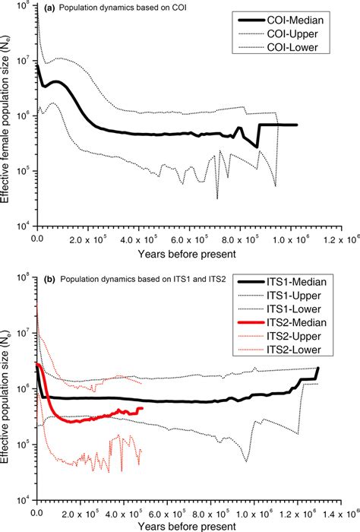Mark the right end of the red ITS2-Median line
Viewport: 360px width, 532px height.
click(x=142, y=409)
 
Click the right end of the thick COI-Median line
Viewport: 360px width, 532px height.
click(x=297, y=125)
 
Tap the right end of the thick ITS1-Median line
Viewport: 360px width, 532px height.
click(x=317, y=369)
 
